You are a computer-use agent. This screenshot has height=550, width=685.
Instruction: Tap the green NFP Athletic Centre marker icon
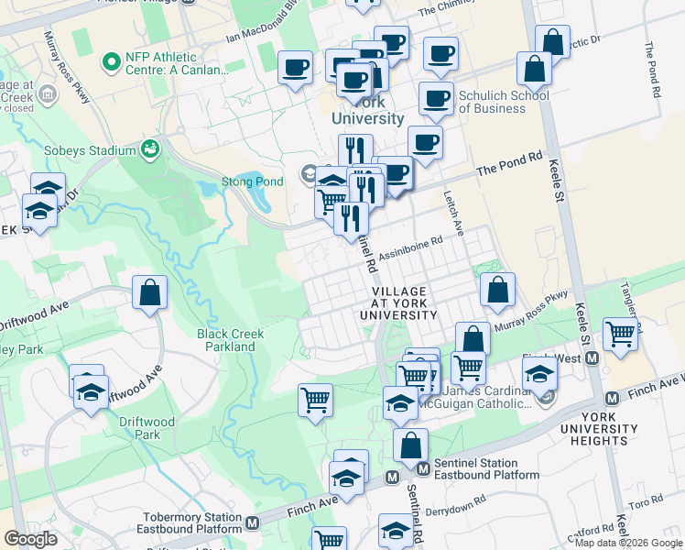click(x=113, y=62)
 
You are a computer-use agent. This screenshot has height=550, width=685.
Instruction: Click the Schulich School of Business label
click(x=504, y=101)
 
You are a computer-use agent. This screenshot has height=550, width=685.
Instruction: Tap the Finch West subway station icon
click(x=593, y=357)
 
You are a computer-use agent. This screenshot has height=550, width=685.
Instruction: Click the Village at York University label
click(x=404, y=302)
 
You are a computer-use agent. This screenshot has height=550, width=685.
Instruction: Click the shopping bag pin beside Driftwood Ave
click(x=149, y=293)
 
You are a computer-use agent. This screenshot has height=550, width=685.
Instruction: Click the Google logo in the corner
click(x=30, y=539)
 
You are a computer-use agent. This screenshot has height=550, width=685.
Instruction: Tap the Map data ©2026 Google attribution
click(x=628, y=543)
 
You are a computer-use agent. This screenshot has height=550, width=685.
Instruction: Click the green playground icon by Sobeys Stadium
click(x=150, y=148)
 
